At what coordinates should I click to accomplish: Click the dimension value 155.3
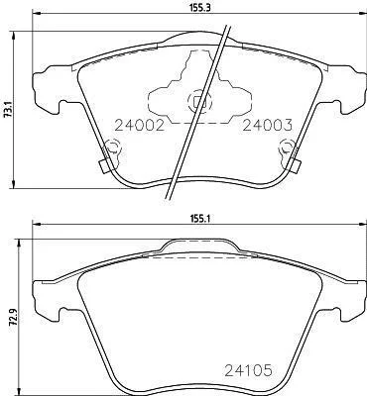199,8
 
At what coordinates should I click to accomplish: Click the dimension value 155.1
199,219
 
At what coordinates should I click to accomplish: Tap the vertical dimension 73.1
8,110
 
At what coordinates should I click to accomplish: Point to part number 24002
139,125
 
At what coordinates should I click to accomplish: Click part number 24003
268,125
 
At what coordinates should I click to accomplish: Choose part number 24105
248,370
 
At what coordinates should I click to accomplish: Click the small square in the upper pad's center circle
197,102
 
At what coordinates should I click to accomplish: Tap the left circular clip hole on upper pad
112,148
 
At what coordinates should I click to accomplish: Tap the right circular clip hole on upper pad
287,147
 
